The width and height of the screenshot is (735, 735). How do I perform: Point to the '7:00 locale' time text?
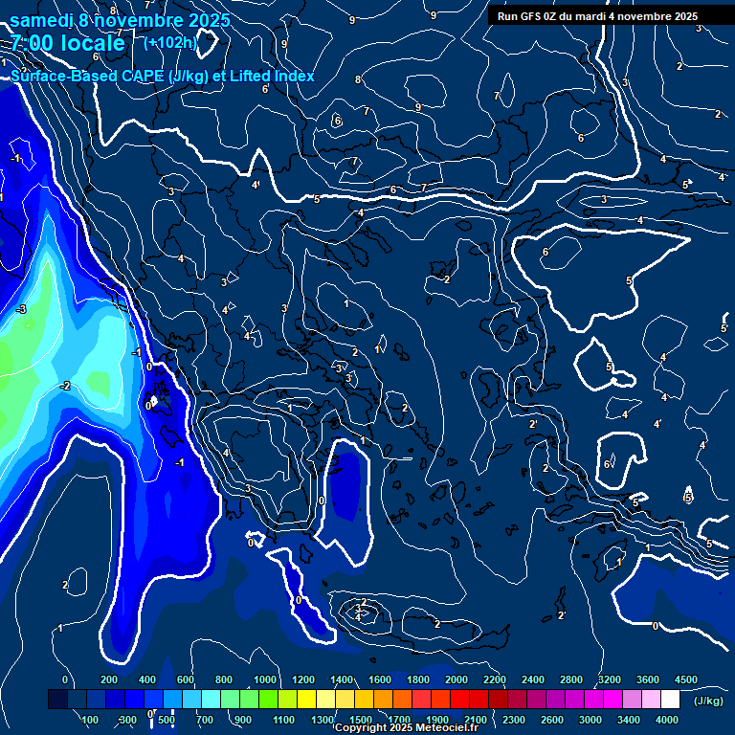(x=68, y=43)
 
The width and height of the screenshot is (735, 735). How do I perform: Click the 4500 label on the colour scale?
(x=685, y=679)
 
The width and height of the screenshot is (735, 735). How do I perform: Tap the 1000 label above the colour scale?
(x=265, y=679)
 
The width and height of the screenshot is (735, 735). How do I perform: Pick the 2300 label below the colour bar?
(x=514, y=720)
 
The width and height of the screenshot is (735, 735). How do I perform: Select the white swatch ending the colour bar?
(x=670, y=700)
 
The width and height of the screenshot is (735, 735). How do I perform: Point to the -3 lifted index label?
(x=21, y=309)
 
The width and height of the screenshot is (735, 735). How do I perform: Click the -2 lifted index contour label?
(x=65, y=386)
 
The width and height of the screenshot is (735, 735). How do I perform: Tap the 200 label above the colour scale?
(x=108, y=679)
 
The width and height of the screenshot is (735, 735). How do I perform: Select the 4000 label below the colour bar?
(x=667, y=720)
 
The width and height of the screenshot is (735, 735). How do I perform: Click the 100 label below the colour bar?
(x=91, y=720)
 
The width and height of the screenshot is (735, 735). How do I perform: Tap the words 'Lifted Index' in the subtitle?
(x=271, y=76)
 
